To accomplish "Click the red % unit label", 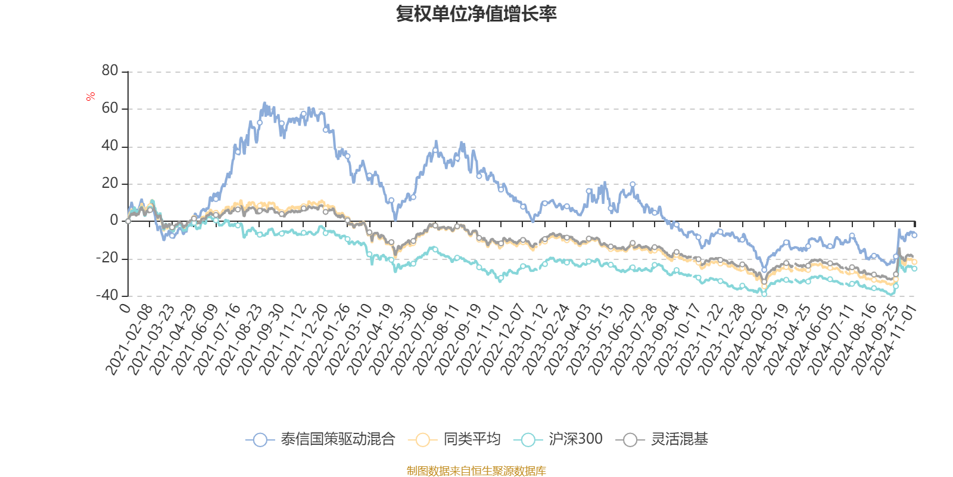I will click(91, 97).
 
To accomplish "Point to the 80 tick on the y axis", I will click(110, 71).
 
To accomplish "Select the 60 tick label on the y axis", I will click(110, 109).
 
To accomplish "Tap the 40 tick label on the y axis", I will click(110, 146).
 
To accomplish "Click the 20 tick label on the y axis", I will click(110, 184).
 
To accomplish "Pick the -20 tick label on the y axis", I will click(107, 258).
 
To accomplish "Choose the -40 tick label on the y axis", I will click(107, 295).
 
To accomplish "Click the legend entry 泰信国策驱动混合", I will click(337, 439).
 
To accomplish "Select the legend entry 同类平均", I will click(471, 439).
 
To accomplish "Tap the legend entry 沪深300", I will click(575, 439).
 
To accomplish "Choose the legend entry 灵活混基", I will click(679, 439).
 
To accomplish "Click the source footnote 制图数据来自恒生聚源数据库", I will click(476, 471).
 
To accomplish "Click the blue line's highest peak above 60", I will click(264, 103).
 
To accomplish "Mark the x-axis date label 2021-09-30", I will click(260, 339).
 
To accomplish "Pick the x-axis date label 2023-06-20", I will click(611, 339).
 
